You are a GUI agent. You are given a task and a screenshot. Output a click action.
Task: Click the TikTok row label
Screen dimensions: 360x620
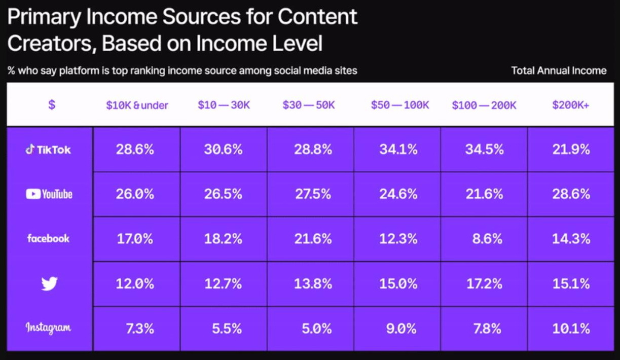pyautogui.click(x=49, y=150)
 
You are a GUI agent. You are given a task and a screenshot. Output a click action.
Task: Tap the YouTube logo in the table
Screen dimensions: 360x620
pyautogui.click(x=49, y=194)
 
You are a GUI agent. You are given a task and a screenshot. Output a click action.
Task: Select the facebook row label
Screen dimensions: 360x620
pyautogui.click(x=49, y=238)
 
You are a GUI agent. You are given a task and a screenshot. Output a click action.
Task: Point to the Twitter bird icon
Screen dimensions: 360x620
pyautogui.click(x=49, y=283)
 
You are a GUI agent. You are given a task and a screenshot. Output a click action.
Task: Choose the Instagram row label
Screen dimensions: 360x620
pyautogui.click(x=49, y=328)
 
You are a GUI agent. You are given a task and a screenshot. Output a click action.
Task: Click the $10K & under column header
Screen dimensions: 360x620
pyautogui.click(x=137, y=105)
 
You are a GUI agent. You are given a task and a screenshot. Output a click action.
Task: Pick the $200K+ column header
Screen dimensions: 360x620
pyautogui.click(x=571, y=105)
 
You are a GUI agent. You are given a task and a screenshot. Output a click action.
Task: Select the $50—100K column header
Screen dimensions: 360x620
pyautogui.click(x=400, y=105)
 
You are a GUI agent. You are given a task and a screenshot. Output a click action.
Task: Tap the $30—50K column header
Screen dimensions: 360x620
pyautogui.click(x=309, y=105)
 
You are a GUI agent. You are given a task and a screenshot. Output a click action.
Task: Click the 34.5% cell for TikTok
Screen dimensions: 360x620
pyautogui.click(x=484, y=150)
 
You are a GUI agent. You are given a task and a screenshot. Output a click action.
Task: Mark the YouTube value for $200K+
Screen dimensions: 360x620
pyautogui.click(x=571, y=194)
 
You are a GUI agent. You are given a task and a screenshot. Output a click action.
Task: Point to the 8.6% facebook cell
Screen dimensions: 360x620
pyautogui.click(x=487, y=239)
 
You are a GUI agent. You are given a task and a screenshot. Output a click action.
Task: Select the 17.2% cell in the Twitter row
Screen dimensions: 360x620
pyautogui.click(x=484, y=283)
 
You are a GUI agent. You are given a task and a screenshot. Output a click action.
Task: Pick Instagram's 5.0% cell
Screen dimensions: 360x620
pyautogui.click(x=316, y=328)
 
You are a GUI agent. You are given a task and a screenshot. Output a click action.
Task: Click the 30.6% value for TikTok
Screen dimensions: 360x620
pyautogui.click(x=223, y=150)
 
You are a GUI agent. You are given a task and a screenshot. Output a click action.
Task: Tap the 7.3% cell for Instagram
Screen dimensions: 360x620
pyautogui.click(x=140, y=328)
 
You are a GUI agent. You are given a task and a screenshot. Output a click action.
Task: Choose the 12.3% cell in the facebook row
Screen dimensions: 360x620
pyautogui.click(x=398, y=239)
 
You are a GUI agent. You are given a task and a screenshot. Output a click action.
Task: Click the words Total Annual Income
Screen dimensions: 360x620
pyautogui.click(x=559, y=70)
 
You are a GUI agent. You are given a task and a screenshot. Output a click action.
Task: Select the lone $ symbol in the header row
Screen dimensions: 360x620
pyautogui.click(x=51, y=105)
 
